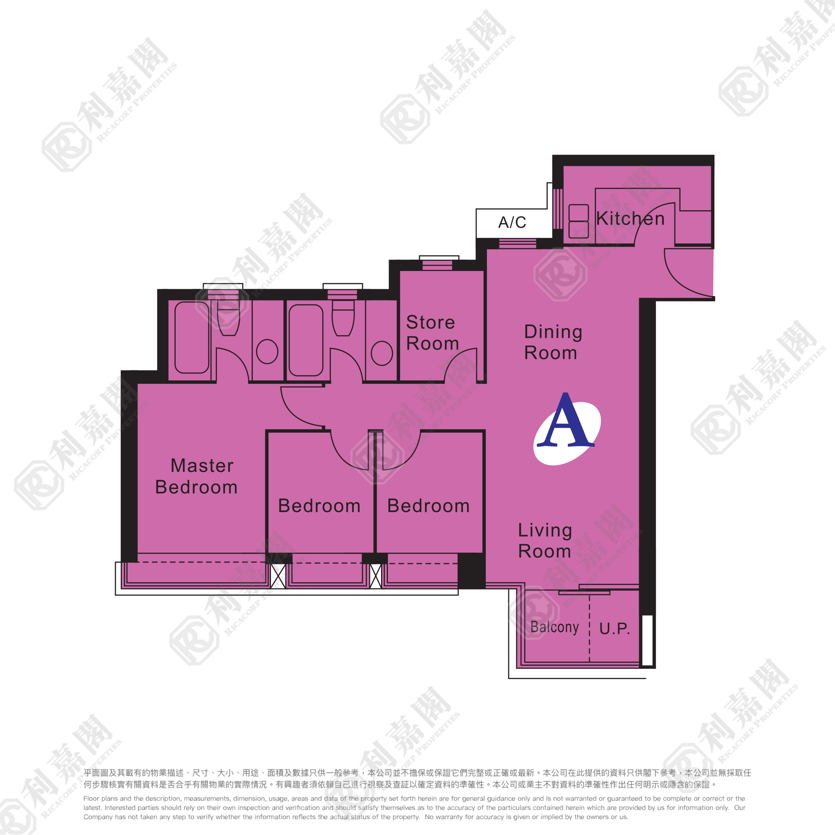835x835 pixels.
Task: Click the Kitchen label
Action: [x=630, y=219]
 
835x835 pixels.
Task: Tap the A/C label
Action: [x=512, y=222]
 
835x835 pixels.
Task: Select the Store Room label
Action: [x=432, y=333]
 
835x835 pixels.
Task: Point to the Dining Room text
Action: [x=553, y=342]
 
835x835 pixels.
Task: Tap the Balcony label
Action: [x=555, y=627]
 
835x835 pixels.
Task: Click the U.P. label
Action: [x=614, y=629]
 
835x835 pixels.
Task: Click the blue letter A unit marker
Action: [x=567, y=423]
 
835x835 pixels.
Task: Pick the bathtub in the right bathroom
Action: [x=306, y=340]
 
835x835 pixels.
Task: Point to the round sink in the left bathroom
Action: [x=267, y=351]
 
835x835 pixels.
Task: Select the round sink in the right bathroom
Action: [x=381, y=353]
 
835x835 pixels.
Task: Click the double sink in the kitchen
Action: [x=578, y=221]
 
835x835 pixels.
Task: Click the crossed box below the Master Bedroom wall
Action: [x=278, y=576]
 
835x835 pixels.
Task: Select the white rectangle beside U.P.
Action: [x=647, y=640]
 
